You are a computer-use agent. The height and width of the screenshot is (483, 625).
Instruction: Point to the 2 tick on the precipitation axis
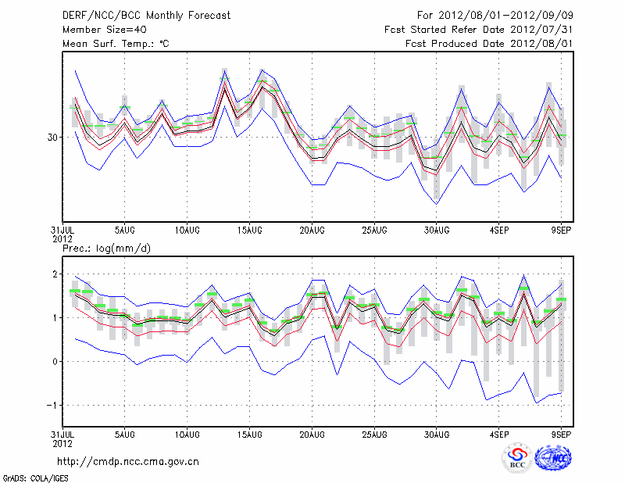coord(55,274)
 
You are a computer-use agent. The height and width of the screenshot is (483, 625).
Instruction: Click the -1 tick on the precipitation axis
coord(53,405)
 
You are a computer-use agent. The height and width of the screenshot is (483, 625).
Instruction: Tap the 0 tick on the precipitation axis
coord(55,361)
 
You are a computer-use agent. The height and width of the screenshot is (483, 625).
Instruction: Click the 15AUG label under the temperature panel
coord(249,231)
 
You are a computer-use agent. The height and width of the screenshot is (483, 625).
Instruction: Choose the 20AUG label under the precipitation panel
coord(312,434)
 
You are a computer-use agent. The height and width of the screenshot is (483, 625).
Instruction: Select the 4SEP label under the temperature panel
coord(499,231)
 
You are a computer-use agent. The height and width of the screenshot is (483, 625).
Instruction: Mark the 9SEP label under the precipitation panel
coord(562,434)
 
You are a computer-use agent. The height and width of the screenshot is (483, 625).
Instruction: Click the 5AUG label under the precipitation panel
coord(124,434)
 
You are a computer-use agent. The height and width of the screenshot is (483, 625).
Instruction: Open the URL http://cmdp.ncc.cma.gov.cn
coord(128,461)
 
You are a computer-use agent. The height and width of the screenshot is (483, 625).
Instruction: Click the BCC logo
coord(516,459)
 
